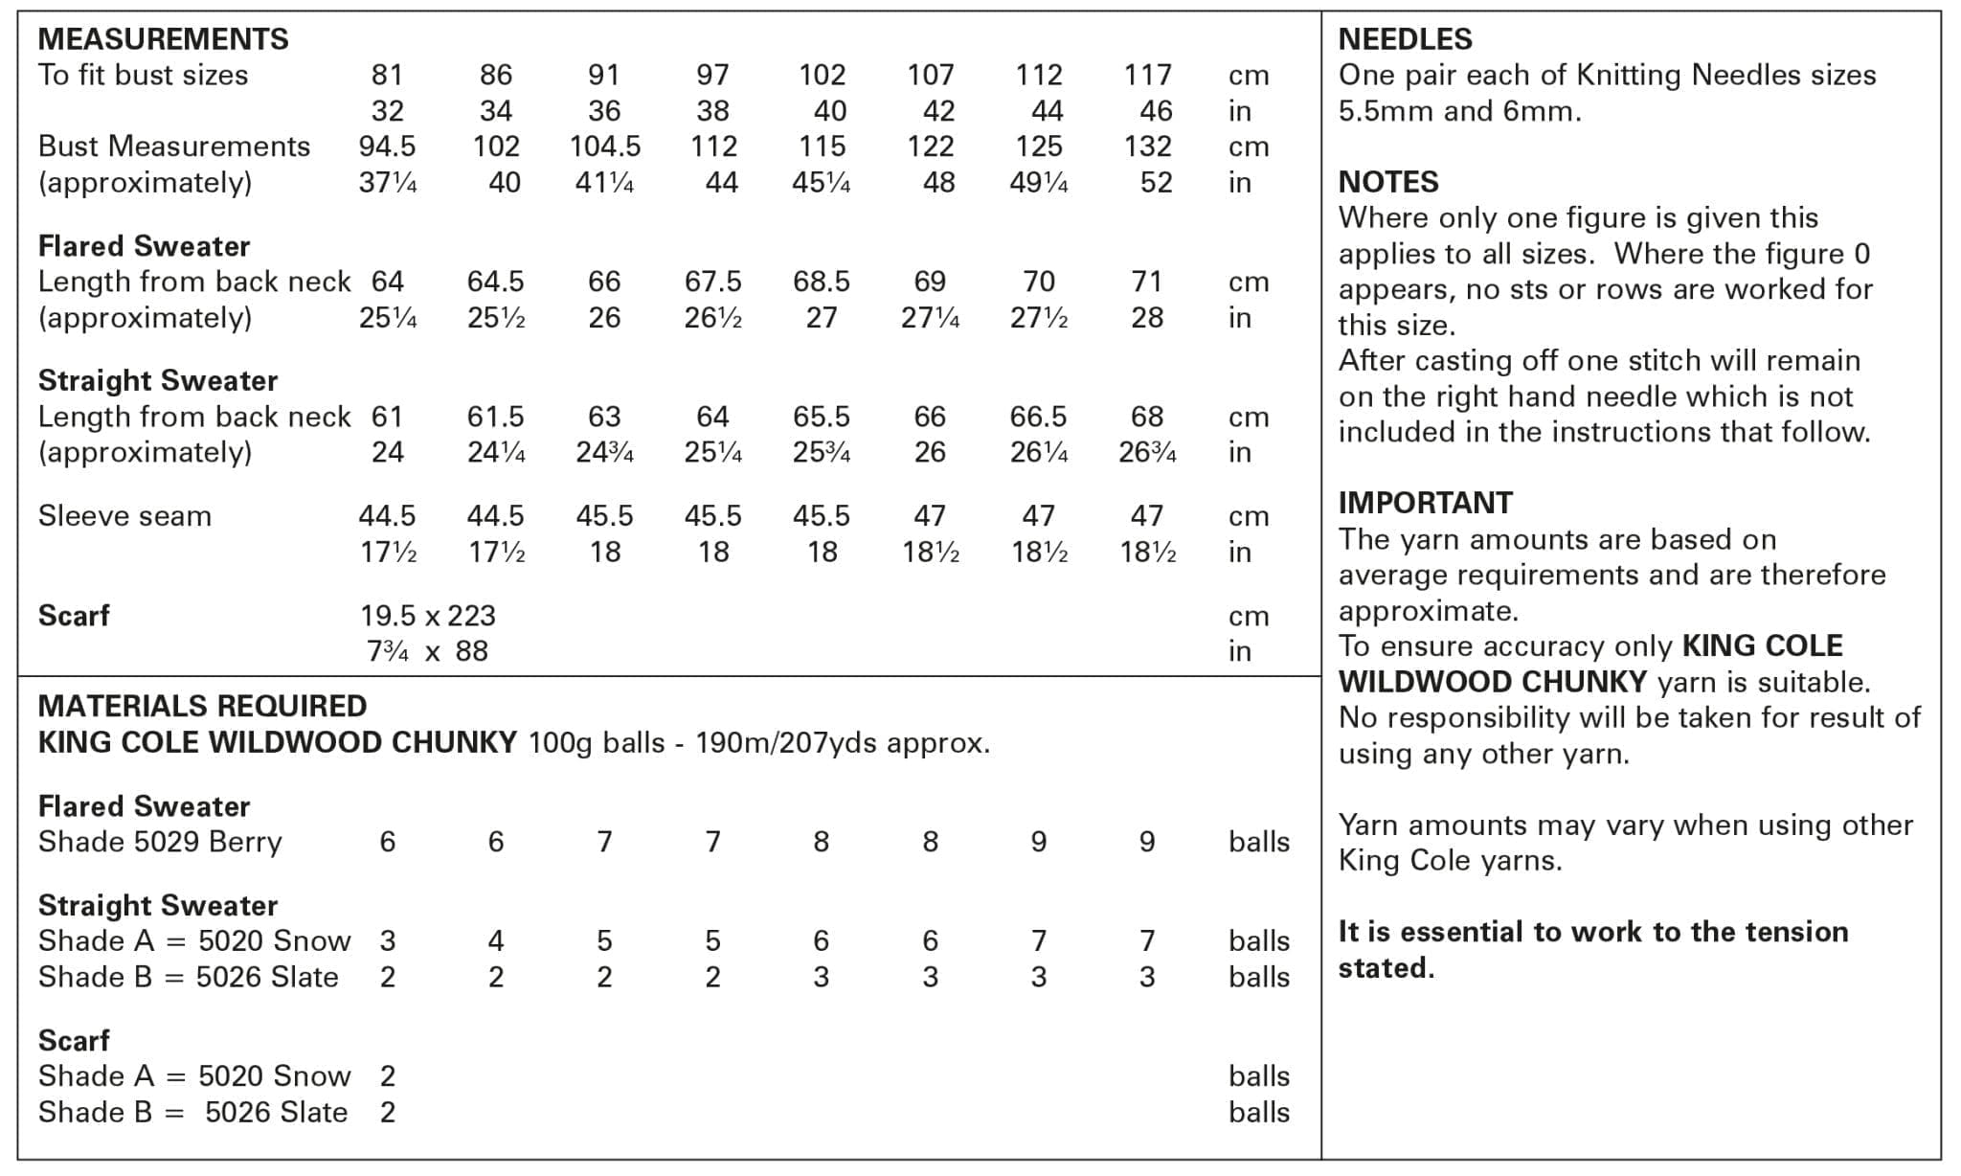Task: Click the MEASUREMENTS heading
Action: (x=163, y=39)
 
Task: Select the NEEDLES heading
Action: (x=1405, y=39)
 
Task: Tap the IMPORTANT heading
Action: (x=1425, y=503)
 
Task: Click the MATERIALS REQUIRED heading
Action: (x=202, y=706)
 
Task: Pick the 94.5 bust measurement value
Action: (x=387, y=147)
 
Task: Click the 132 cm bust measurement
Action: (x=1147, y=147)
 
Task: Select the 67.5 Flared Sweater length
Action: (x=712, y=282)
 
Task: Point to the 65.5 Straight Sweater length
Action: (x=822, y=417)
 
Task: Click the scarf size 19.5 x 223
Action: (x=428, y=616)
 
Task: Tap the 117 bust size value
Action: (x=1147, y=75)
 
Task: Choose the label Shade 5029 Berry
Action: (x=160, y=842)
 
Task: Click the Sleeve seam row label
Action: (x=124, y=516)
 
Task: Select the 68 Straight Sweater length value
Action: (x=1147, y=417)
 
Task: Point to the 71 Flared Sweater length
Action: (x=1147, y=282)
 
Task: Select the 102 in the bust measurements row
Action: (x=496, y=147)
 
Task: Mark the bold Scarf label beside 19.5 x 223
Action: (x=74, y=616)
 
